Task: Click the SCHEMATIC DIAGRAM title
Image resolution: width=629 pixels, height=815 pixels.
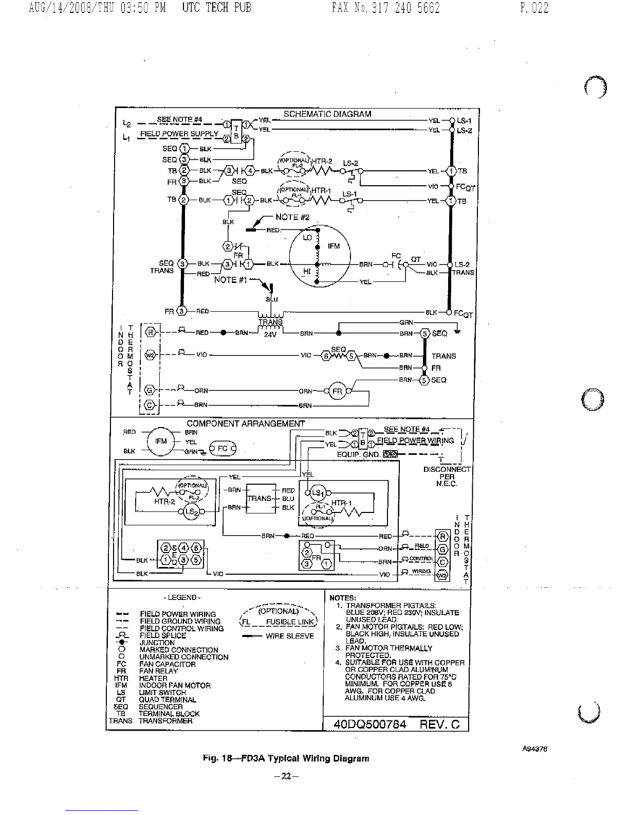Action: (327, 114)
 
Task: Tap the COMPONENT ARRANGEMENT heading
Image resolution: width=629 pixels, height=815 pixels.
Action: (246, 423)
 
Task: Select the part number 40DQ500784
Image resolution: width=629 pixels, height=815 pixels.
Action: (369, 724)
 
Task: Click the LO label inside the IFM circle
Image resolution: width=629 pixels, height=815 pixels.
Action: (307, 238)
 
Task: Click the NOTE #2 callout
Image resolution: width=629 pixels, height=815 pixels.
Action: (292, 217)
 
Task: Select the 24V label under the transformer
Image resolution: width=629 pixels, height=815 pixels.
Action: (270, 333)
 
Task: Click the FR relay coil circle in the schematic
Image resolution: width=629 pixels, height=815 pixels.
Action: (337, 391)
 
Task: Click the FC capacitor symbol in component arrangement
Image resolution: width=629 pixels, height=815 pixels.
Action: (222, 448)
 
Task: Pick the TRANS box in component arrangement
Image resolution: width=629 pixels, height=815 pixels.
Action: (260, 499)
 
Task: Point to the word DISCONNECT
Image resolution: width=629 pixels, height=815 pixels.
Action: (447, 469)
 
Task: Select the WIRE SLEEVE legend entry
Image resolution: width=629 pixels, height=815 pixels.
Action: (289, 636)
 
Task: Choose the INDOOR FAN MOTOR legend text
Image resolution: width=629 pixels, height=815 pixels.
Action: (175, 685)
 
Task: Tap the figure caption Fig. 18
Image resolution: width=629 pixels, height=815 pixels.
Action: (286, 758)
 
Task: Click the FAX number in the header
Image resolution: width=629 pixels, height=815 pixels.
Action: (386, 8)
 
